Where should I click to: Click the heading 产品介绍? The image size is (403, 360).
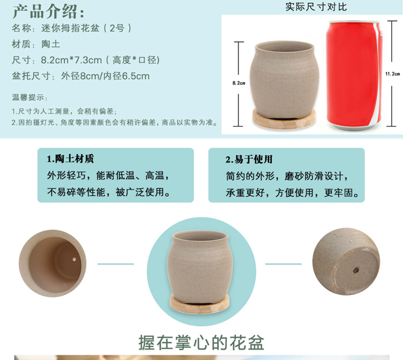click(45, 12)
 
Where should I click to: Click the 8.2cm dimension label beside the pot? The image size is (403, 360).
click(239, 83)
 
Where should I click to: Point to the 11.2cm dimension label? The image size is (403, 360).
click(393, 74)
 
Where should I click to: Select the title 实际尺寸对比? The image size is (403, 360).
click(316, 7)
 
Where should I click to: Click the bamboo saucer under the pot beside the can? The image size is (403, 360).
click(284, 120)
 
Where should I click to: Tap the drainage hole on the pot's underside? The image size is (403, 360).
click(356, 270)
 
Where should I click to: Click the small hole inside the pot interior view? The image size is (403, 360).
click(74, 259)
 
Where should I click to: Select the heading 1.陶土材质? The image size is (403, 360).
click(70, 159)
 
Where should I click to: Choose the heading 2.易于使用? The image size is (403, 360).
click(249, 159)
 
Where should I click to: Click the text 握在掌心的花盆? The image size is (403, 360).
click(201, 342)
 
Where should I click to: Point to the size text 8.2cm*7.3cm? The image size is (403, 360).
click(71, 60)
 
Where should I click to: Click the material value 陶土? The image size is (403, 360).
click(51, 44)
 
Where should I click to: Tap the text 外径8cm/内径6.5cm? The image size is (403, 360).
click(105, 76)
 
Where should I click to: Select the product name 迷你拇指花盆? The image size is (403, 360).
click(70, 28)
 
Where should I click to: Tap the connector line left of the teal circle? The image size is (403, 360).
click(116, 264)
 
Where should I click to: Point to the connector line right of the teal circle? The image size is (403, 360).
click(283, 264)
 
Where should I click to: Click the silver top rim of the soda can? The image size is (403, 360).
click(354, 22)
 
